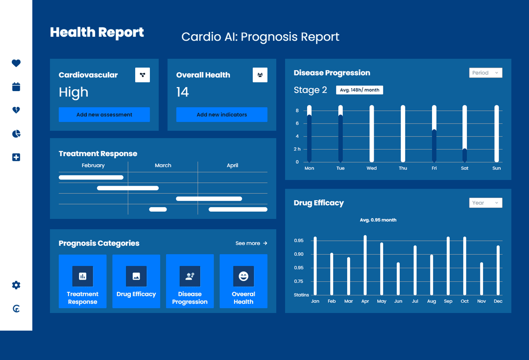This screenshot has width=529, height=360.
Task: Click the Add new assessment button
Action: [104, 115]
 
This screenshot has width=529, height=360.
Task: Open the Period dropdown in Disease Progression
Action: [485, 73]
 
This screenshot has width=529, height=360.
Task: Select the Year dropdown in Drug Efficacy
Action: [485, 203]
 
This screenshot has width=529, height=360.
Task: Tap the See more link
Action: [251, 243]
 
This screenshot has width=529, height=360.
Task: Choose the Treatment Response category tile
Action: [83, 281]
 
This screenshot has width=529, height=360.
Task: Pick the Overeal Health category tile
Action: [243, 281]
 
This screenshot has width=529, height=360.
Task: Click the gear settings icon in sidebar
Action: [16, 285]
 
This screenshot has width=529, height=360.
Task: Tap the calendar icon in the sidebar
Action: [16, 87]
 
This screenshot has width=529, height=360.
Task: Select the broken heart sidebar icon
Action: [16, 110]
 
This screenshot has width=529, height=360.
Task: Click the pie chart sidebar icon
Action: [16, 134]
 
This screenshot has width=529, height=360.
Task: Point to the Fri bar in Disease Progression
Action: [434, 134]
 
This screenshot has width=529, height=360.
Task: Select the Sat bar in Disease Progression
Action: [465, 134]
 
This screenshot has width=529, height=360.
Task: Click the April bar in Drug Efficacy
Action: [365, 265]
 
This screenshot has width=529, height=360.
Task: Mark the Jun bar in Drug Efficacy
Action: [398, 279]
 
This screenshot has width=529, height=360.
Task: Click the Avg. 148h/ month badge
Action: [360, 90]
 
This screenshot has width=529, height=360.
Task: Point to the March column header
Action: [163, 166]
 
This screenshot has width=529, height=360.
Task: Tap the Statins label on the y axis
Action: [301, 295]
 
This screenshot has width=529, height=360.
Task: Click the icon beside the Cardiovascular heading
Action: [143, 75]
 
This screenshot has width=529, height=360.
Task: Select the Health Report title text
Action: [97, 32]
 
